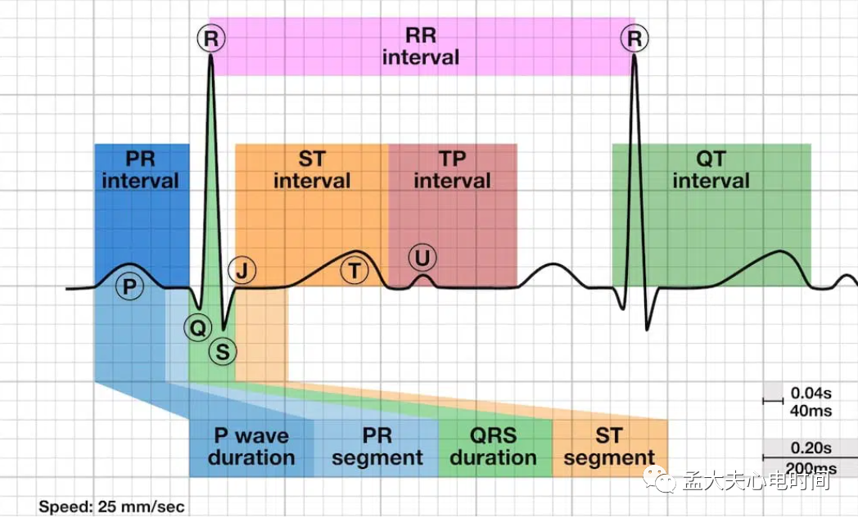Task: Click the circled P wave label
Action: click(x=128, y=286)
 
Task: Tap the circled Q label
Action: click(x=196, y=327)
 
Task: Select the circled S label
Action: click(x=222, y=352)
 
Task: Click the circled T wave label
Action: click(x=354, y=271)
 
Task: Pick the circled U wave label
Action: click(x=422, y=259)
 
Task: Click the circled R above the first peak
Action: click(x=210, y=38)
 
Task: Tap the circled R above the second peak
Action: click(x=634, y=38)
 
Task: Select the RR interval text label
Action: click(x=421, y=47)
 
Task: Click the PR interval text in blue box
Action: click(x=141, y=169)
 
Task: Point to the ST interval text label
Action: click(x=312, y=169)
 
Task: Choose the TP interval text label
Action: click(x=452, y=169)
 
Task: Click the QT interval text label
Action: click(x=711, y=169)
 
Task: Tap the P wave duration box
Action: click(x=251, y=447)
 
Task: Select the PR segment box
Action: click(x=377, y=447)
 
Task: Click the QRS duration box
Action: click(x=494, y=447)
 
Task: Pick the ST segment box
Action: click(x=609, y=447)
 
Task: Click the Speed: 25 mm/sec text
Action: click(x=111, y=507)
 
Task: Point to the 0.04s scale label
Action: click(x=811, y=393)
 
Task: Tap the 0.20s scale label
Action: click(x=811, y=448)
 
